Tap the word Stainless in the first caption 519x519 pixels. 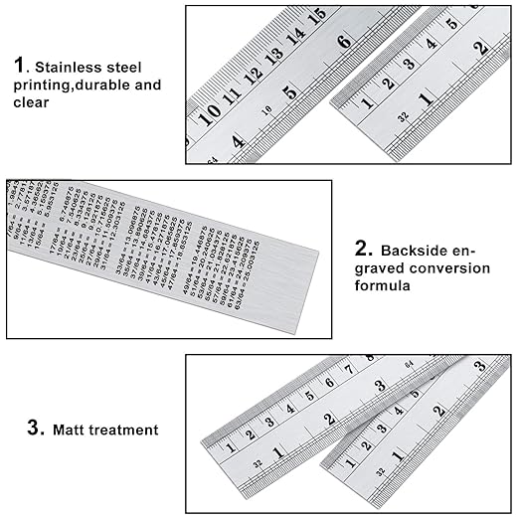pos(65,67)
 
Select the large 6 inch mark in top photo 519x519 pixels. pos(344,43)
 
